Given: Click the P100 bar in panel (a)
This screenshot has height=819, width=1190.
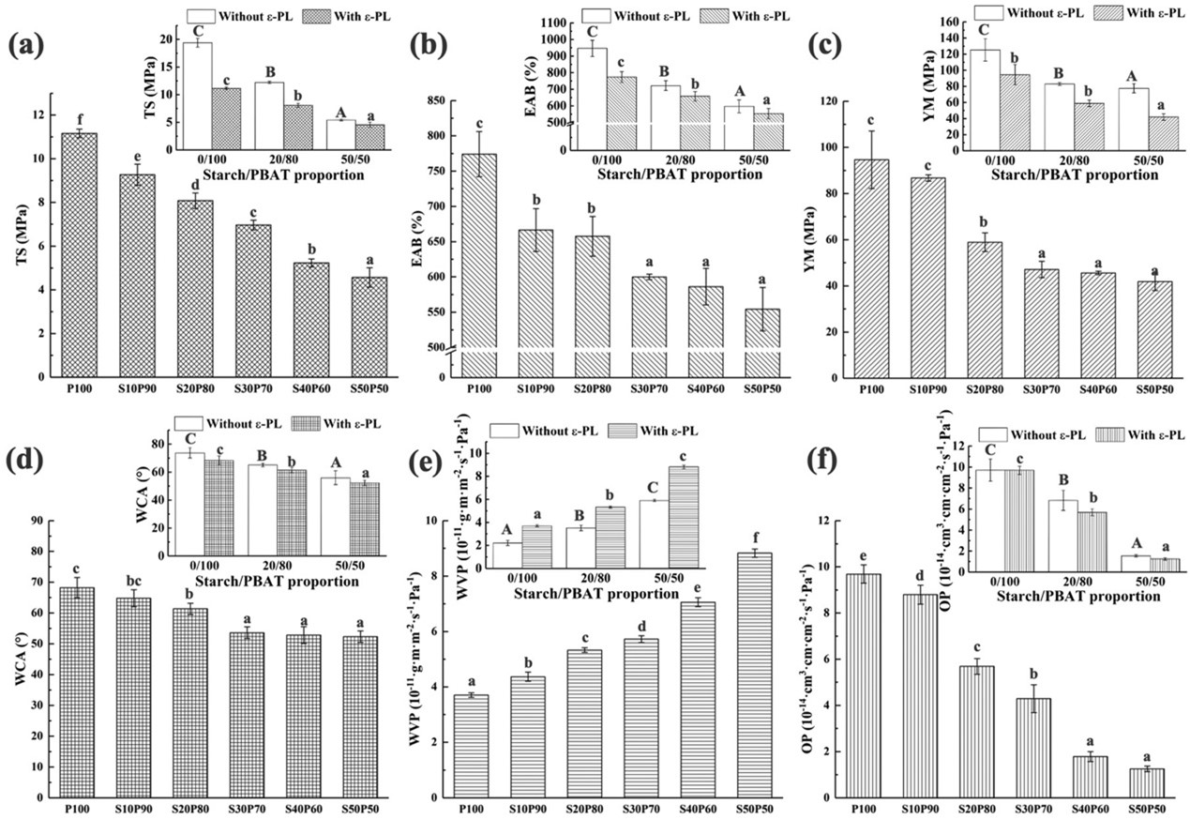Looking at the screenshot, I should (x=80, y=253).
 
